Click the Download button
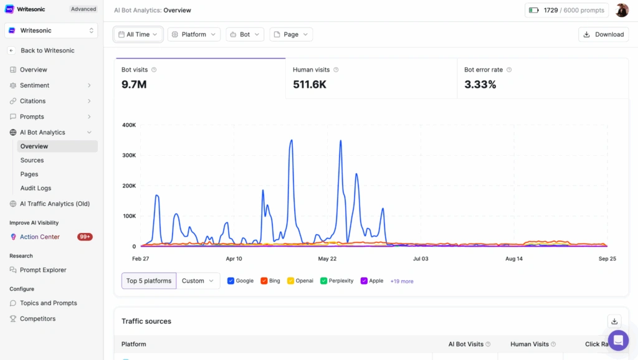(x=603, y=34)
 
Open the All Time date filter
(x=138, y=34)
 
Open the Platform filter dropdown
(x=194, y=34)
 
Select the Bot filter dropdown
(x=245, y=34)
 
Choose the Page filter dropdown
(x=291, y=34)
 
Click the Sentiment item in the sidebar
(x=34, y=85)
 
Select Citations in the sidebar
(x=32, y=101)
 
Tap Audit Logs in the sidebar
(x=36, y=188)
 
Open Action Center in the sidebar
(x=40, y=237)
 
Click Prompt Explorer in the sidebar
(x=43, y=270)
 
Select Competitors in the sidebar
(x=37, y=318)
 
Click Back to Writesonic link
(x=47, y=50)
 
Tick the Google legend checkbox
(x=231, y=281)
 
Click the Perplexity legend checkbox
(x=324, y=281)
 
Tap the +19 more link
(x=402, y=282)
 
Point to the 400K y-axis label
(x=128, y=125)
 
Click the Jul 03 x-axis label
(x=421, y=258)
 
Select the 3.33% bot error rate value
(x=480, y=84)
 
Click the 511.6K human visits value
(x=310, y=84)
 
